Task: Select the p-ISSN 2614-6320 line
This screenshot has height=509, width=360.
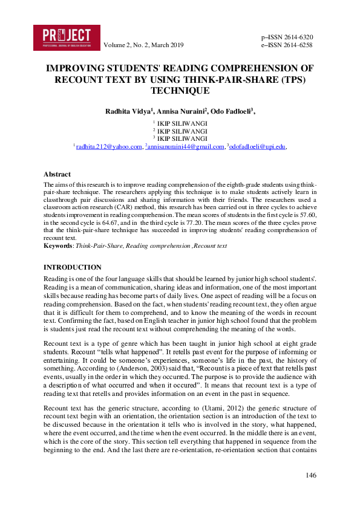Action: point(286,37)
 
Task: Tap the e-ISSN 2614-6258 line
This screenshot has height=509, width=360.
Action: point(286,45)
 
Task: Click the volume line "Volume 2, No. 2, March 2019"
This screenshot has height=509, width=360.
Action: point(143,45)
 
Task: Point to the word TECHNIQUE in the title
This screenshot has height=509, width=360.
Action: point(180,90)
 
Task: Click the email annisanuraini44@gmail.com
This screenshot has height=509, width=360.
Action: point(185,146)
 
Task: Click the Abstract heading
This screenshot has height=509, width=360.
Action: point(57,174)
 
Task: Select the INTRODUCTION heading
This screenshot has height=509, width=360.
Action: point(73,267)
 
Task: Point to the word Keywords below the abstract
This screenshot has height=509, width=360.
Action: point(59,246)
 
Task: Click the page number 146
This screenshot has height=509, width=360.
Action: point(311,476)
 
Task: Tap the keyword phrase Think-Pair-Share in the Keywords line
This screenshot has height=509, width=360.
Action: point(96,246)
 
